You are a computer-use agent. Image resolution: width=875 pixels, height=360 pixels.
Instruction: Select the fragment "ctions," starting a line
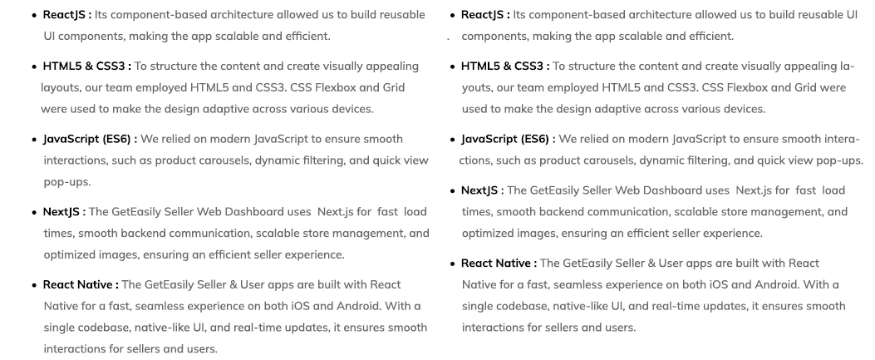(481, 160)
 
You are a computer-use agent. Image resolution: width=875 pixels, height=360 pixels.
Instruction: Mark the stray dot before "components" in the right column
(448, 38)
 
